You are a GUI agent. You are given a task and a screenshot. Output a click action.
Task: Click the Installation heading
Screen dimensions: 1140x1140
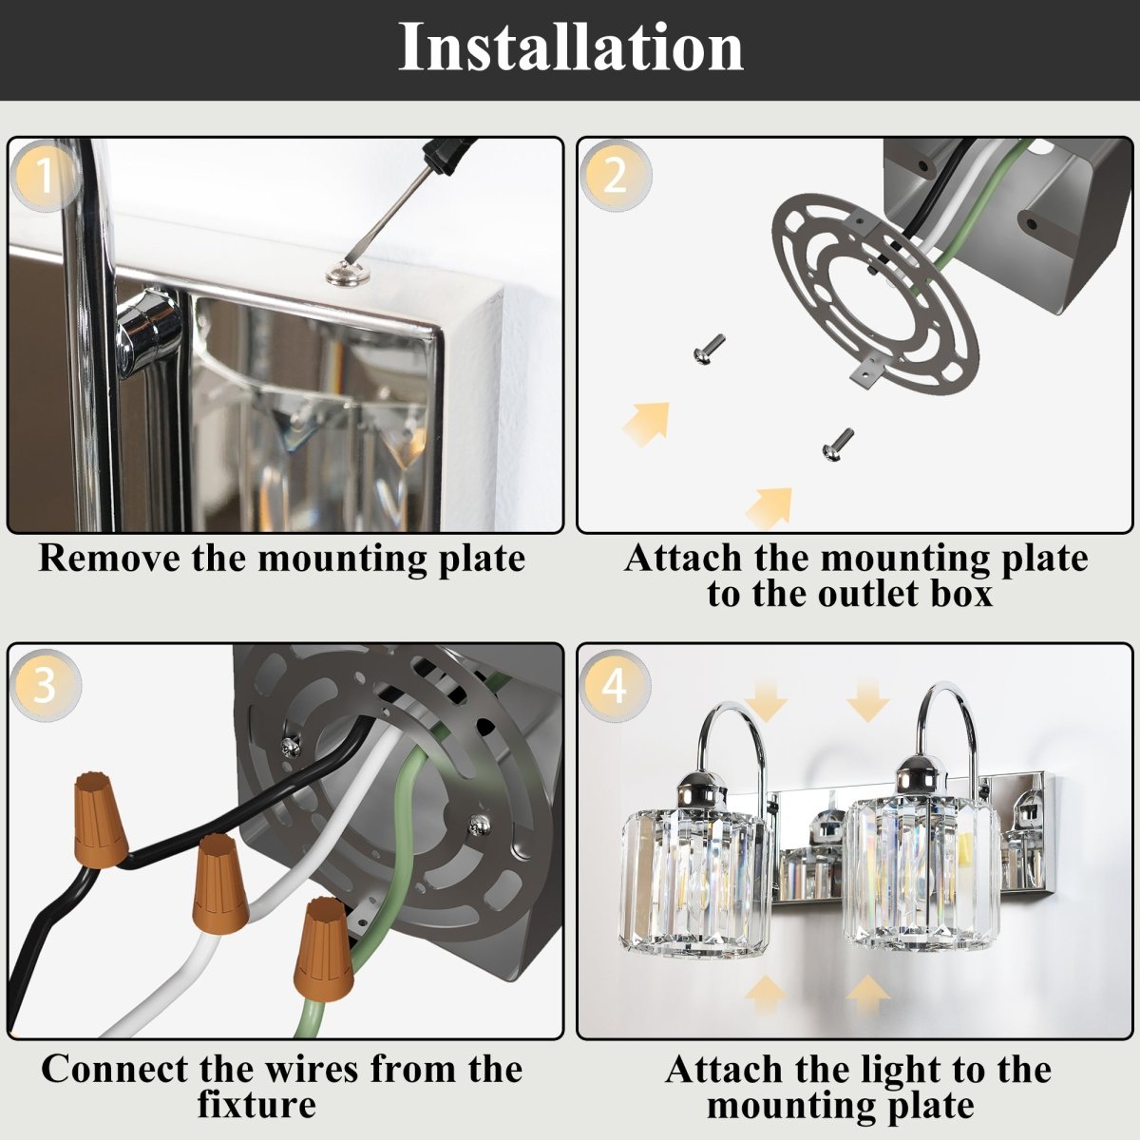[570, 47]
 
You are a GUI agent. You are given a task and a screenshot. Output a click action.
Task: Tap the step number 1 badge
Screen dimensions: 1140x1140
[45, 177]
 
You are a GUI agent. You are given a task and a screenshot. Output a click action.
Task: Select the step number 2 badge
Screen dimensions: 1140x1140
[615, 177]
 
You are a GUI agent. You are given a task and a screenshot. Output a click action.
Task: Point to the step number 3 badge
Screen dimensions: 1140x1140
[45, 684]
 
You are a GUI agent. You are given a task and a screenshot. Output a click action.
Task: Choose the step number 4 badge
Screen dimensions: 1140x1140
[615, 684]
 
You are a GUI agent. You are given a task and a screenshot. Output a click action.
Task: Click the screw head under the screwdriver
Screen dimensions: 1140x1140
[342, 275]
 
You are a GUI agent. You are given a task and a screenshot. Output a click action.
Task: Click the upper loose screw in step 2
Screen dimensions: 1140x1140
[709, 348]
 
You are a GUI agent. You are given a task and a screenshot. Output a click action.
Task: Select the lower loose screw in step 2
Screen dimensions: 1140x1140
[836, 442]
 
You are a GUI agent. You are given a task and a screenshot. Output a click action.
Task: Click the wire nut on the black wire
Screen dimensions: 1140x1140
[101, 819]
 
